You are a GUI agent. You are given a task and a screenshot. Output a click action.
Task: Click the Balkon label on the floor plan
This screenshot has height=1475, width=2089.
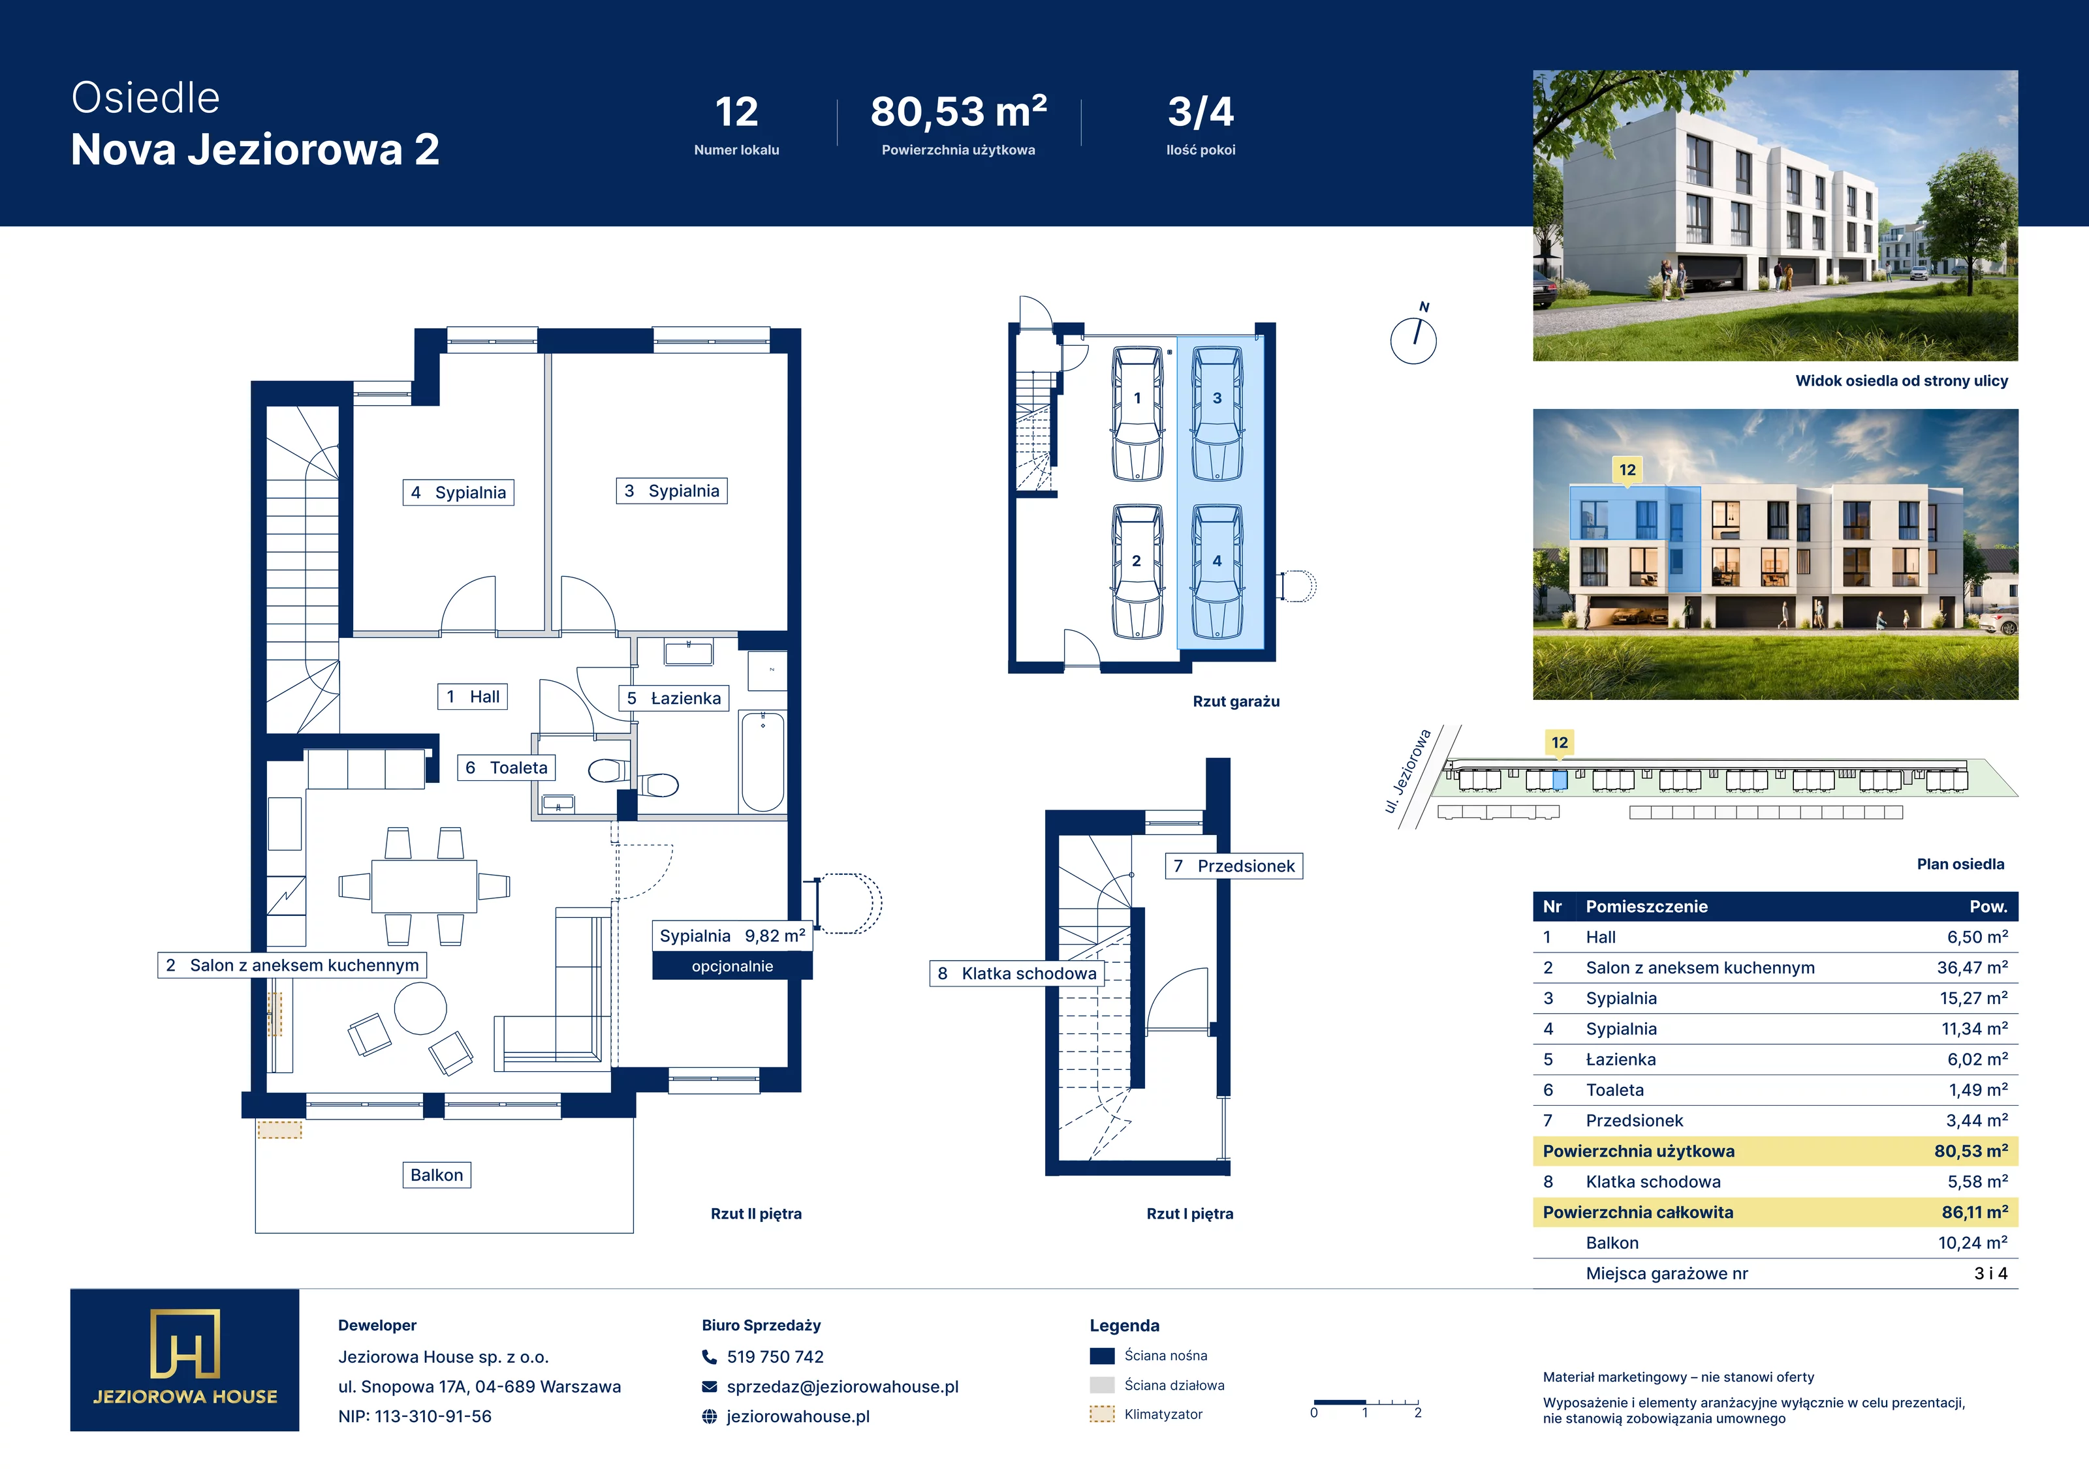[x=437, y=1175]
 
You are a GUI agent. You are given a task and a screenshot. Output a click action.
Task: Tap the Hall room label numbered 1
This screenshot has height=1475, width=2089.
[x=472, y=697]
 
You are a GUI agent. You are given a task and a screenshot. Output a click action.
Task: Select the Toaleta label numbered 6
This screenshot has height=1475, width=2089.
[x=507, y=768]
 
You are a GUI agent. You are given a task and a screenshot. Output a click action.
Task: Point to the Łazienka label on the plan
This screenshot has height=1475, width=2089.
[x=674, y=699]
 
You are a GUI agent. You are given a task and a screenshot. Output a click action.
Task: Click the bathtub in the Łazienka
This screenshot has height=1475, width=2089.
[x=762, y=762]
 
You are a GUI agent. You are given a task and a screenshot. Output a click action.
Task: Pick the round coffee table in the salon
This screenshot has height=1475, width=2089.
[x=420, y=1009]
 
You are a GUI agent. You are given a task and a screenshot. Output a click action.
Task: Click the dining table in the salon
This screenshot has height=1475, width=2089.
[x=424, y=886]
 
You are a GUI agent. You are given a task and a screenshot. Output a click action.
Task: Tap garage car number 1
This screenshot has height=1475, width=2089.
[x=1137, y=415]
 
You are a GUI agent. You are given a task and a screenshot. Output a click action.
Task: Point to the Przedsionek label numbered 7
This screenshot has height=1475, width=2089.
[x=1234, y=866]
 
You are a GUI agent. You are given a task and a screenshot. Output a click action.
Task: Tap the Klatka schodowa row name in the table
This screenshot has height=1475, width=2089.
[x=1653, y=1181]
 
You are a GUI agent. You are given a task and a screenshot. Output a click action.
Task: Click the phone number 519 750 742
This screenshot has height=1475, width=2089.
[x=775, y=1357]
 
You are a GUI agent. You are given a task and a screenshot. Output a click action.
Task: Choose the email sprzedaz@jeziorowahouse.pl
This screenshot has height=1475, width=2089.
[x=843, y=1387]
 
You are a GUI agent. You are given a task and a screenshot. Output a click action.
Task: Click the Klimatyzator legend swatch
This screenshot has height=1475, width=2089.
[x=1102, y=1414]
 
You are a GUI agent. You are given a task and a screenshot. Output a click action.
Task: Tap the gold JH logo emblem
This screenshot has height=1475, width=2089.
[x=185, y=1343]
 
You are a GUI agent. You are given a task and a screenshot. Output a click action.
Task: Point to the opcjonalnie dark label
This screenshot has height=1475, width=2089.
[x=732, y=966]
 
